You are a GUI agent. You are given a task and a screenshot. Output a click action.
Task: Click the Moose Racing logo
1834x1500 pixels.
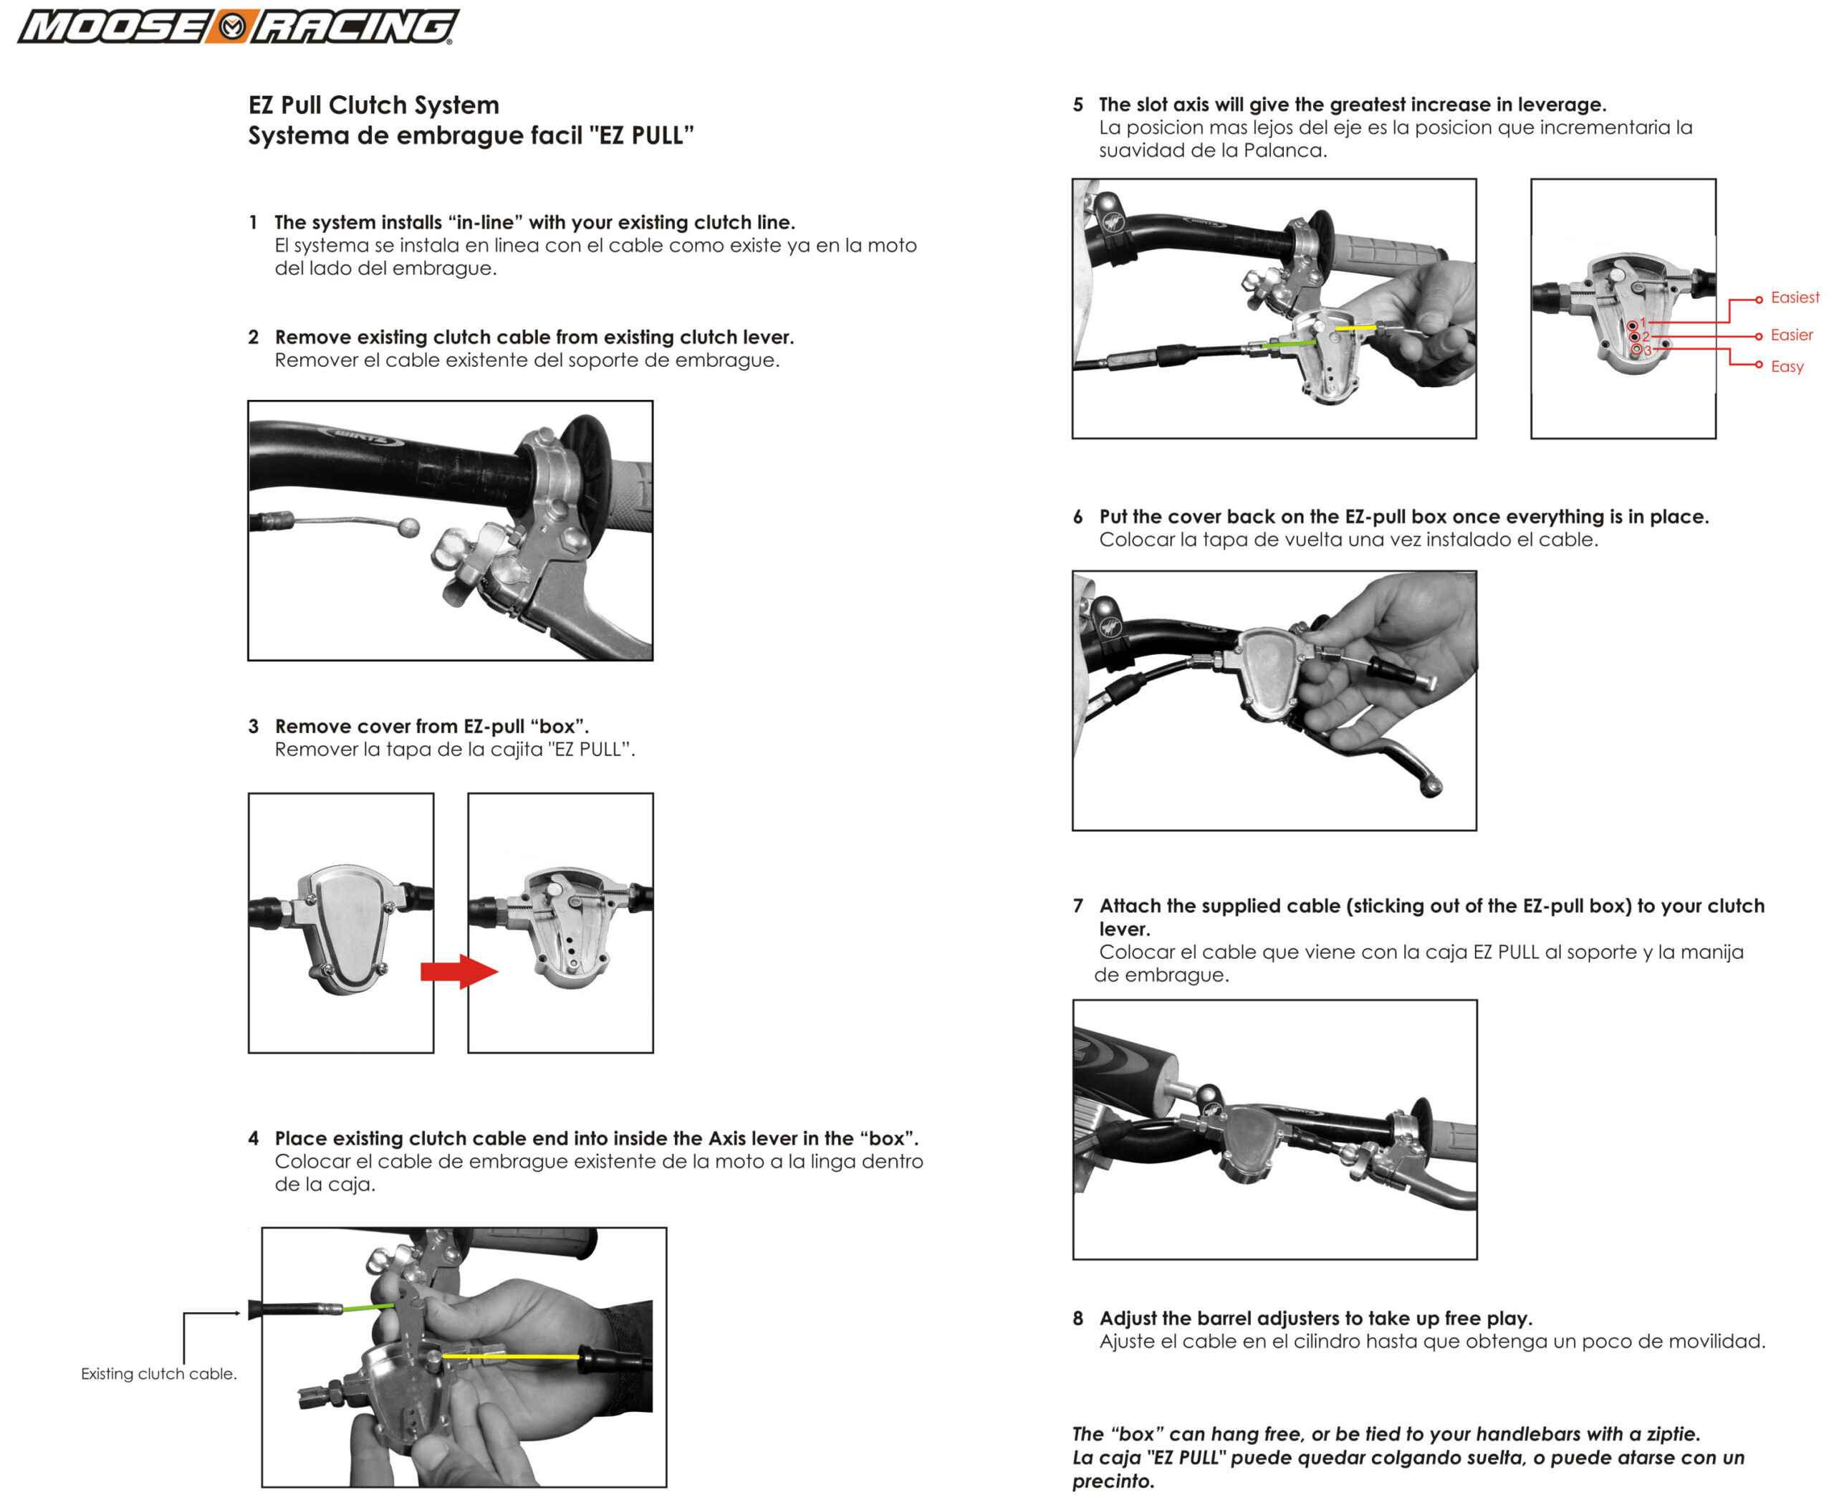238,27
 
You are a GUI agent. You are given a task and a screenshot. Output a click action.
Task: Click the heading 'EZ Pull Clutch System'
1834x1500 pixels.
373,105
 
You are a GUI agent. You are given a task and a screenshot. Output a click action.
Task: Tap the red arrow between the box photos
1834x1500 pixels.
458,971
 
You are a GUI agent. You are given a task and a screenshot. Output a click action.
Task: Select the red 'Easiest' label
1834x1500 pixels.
1795,297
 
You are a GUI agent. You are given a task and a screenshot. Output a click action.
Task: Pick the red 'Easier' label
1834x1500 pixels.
1791,335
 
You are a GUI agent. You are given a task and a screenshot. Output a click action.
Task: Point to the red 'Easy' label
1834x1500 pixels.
1787,366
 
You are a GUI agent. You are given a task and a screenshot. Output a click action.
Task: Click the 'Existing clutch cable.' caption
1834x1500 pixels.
158,1373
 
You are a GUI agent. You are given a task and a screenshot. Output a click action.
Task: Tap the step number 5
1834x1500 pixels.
1077,105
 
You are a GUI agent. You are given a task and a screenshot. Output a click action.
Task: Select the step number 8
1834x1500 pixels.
1077,1318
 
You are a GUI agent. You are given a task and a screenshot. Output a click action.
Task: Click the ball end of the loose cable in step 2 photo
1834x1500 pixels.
408,527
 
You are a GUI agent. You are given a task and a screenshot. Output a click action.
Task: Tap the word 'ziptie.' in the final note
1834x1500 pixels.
1673,1433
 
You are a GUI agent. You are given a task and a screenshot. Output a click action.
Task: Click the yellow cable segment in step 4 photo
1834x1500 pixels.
509,1357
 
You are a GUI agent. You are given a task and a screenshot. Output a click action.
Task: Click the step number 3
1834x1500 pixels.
253,726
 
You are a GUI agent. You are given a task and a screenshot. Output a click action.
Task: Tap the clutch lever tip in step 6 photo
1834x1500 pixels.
1431,786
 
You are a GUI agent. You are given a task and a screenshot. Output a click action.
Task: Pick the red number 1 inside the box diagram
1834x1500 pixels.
1643,323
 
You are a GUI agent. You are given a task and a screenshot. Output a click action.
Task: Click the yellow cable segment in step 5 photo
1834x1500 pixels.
1355,328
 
